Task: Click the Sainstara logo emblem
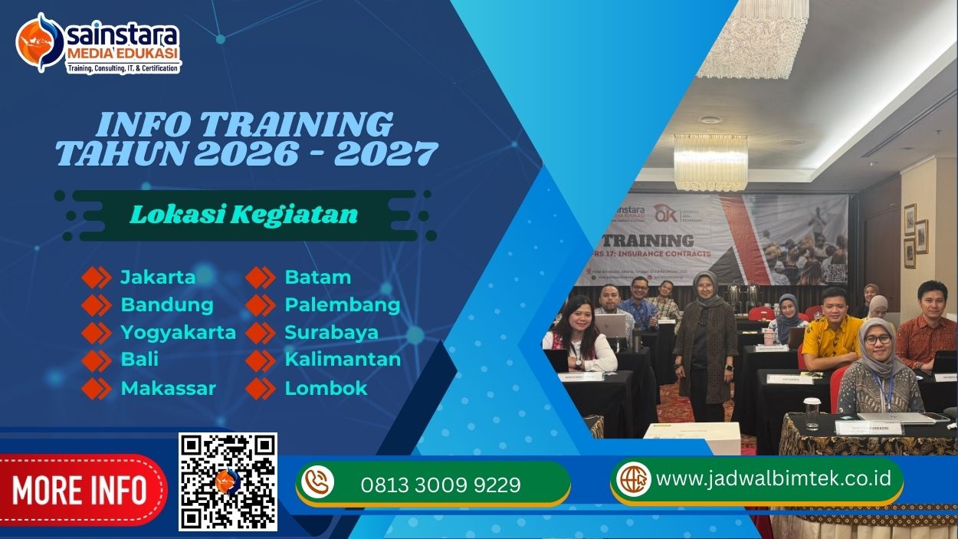(x=41, y=43)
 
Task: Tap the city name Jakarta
(x=158, y=277)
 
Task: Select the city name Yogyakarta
(x=178, y=332)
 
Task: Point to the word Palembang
(x=343, y=304)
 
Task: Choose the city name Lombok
(x=326, y=388)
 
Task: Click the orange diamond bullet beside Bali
(x=97, y=360)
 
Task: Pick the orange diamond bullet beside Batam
(x=261, y=277)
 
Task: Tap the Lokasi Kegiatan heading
(x=244, y=214)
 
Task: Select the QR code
(x=228, y=481)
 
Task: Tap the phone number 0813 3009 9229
(x=441, y=485)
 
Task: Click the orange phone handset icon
(x=317, y=482)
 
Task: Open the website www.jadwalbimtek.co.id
(x=774, y=478)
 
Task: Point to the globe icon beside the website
(x=633, y=478)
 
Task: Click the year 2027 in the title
(x=385, y=154)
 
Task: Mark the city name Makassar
(x=168, y=388)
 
